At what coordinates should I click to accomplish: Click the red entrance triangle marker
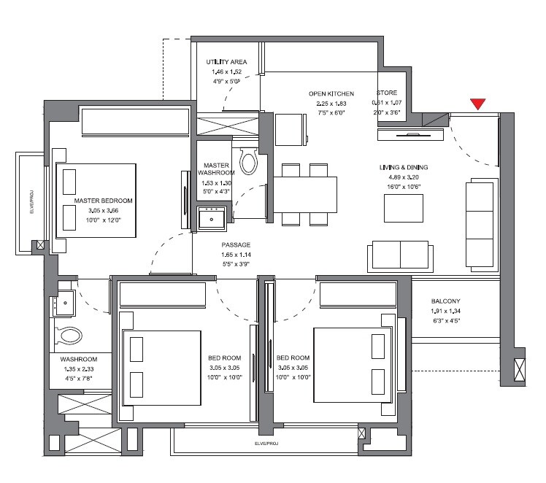[478, 104]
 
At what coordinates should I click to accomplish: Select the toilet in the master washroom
[249, 160]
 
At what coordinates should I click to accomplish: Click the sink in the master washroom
[214, 216]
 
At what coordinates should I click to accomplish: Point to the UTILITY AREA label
[226, 62]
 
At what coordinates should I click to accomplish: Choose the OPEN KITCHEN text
[331, 94]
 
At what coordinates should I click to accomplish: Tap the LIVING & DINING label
[403, 168]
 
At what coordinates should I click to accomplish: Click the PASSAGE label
[236, 245]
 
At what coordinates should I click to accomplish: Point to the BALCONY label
[445, 301]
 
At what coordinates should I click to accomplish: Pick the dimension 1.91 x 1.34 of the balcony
[445, 310]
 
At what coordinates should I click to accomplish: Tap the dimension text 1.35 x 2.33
[80, 368]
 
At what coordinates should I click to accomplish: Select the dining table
[305, 194]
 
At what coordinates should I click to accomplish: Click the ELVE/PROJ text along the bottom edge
[266, 442]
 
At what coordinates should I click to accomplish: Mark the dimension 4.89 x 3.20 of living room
[403, 177]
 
